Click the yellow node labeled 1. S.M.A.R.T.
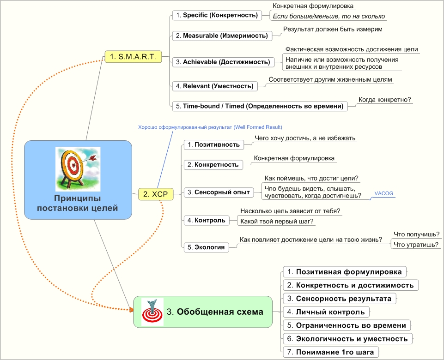click(133, 57)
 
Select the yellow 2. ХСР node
click(155, 195)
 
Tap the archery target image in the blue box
click(78, 168)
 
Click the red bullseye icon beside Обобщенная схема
click(152, 312)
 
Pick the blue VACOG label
click(384, 193)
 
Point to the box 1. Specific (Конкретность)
click(216, 15)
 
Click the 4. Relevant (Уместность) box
click(215, 86)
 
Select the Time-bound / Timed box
click(260, 106)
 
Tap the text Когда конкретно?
click(385, 99)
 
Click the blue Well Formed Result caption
click(210, 127)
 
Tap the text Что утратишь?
click(416, 245)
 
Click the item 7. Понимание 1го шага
click(330, 352)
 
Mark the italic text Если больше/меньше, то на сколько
click(328, 16)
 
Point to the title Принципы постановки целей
click(78, 204)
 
